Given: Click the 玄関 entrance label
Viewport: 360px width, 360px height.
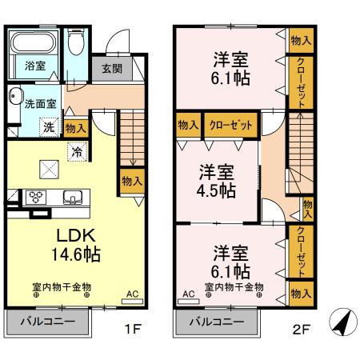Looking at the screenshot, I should point(111,68).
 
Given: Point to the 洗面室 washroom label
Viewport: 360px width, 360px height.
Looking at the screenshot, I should point(39,103).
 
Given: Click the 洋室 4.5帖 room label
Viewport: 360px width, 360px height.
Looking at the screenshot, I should point(217,182).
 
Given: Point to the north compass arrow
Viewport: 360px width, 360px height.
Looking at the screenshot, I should point(342,322).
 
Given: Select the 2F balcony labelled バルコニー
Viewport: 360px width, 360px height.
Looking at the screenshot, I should point(218,322).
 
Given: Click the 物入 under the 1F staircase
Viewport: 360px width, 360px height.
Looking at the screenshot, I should point(131,180).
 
